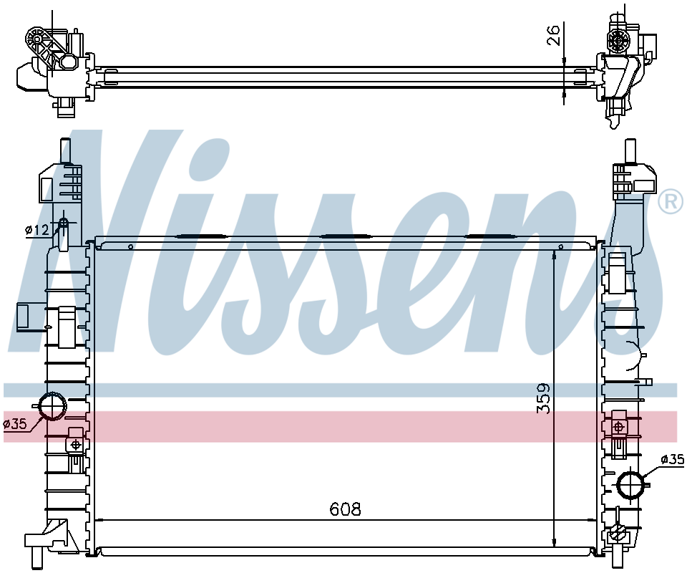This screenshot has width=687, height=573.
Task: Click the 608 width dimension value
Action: [345, 509]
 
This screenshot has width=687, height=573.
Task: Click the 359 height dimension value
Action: [544, 398]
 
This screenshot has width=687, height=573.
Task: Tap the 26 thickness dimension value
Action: [554, 35]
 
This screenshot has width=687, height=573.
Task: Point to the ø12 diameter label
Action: [37, 229]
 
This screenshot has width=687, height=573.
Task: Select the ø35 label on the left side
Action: [15, 423]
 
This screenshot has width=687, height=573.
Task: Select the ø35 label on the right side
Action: [672, 459]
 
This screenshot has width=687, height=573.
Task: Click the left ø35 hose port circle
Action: [52, 406]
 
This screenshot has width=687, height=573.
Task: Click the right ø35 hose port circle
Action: [631, 484]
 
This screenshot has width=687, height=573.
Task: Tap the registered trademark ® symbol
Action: [671, 202]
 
